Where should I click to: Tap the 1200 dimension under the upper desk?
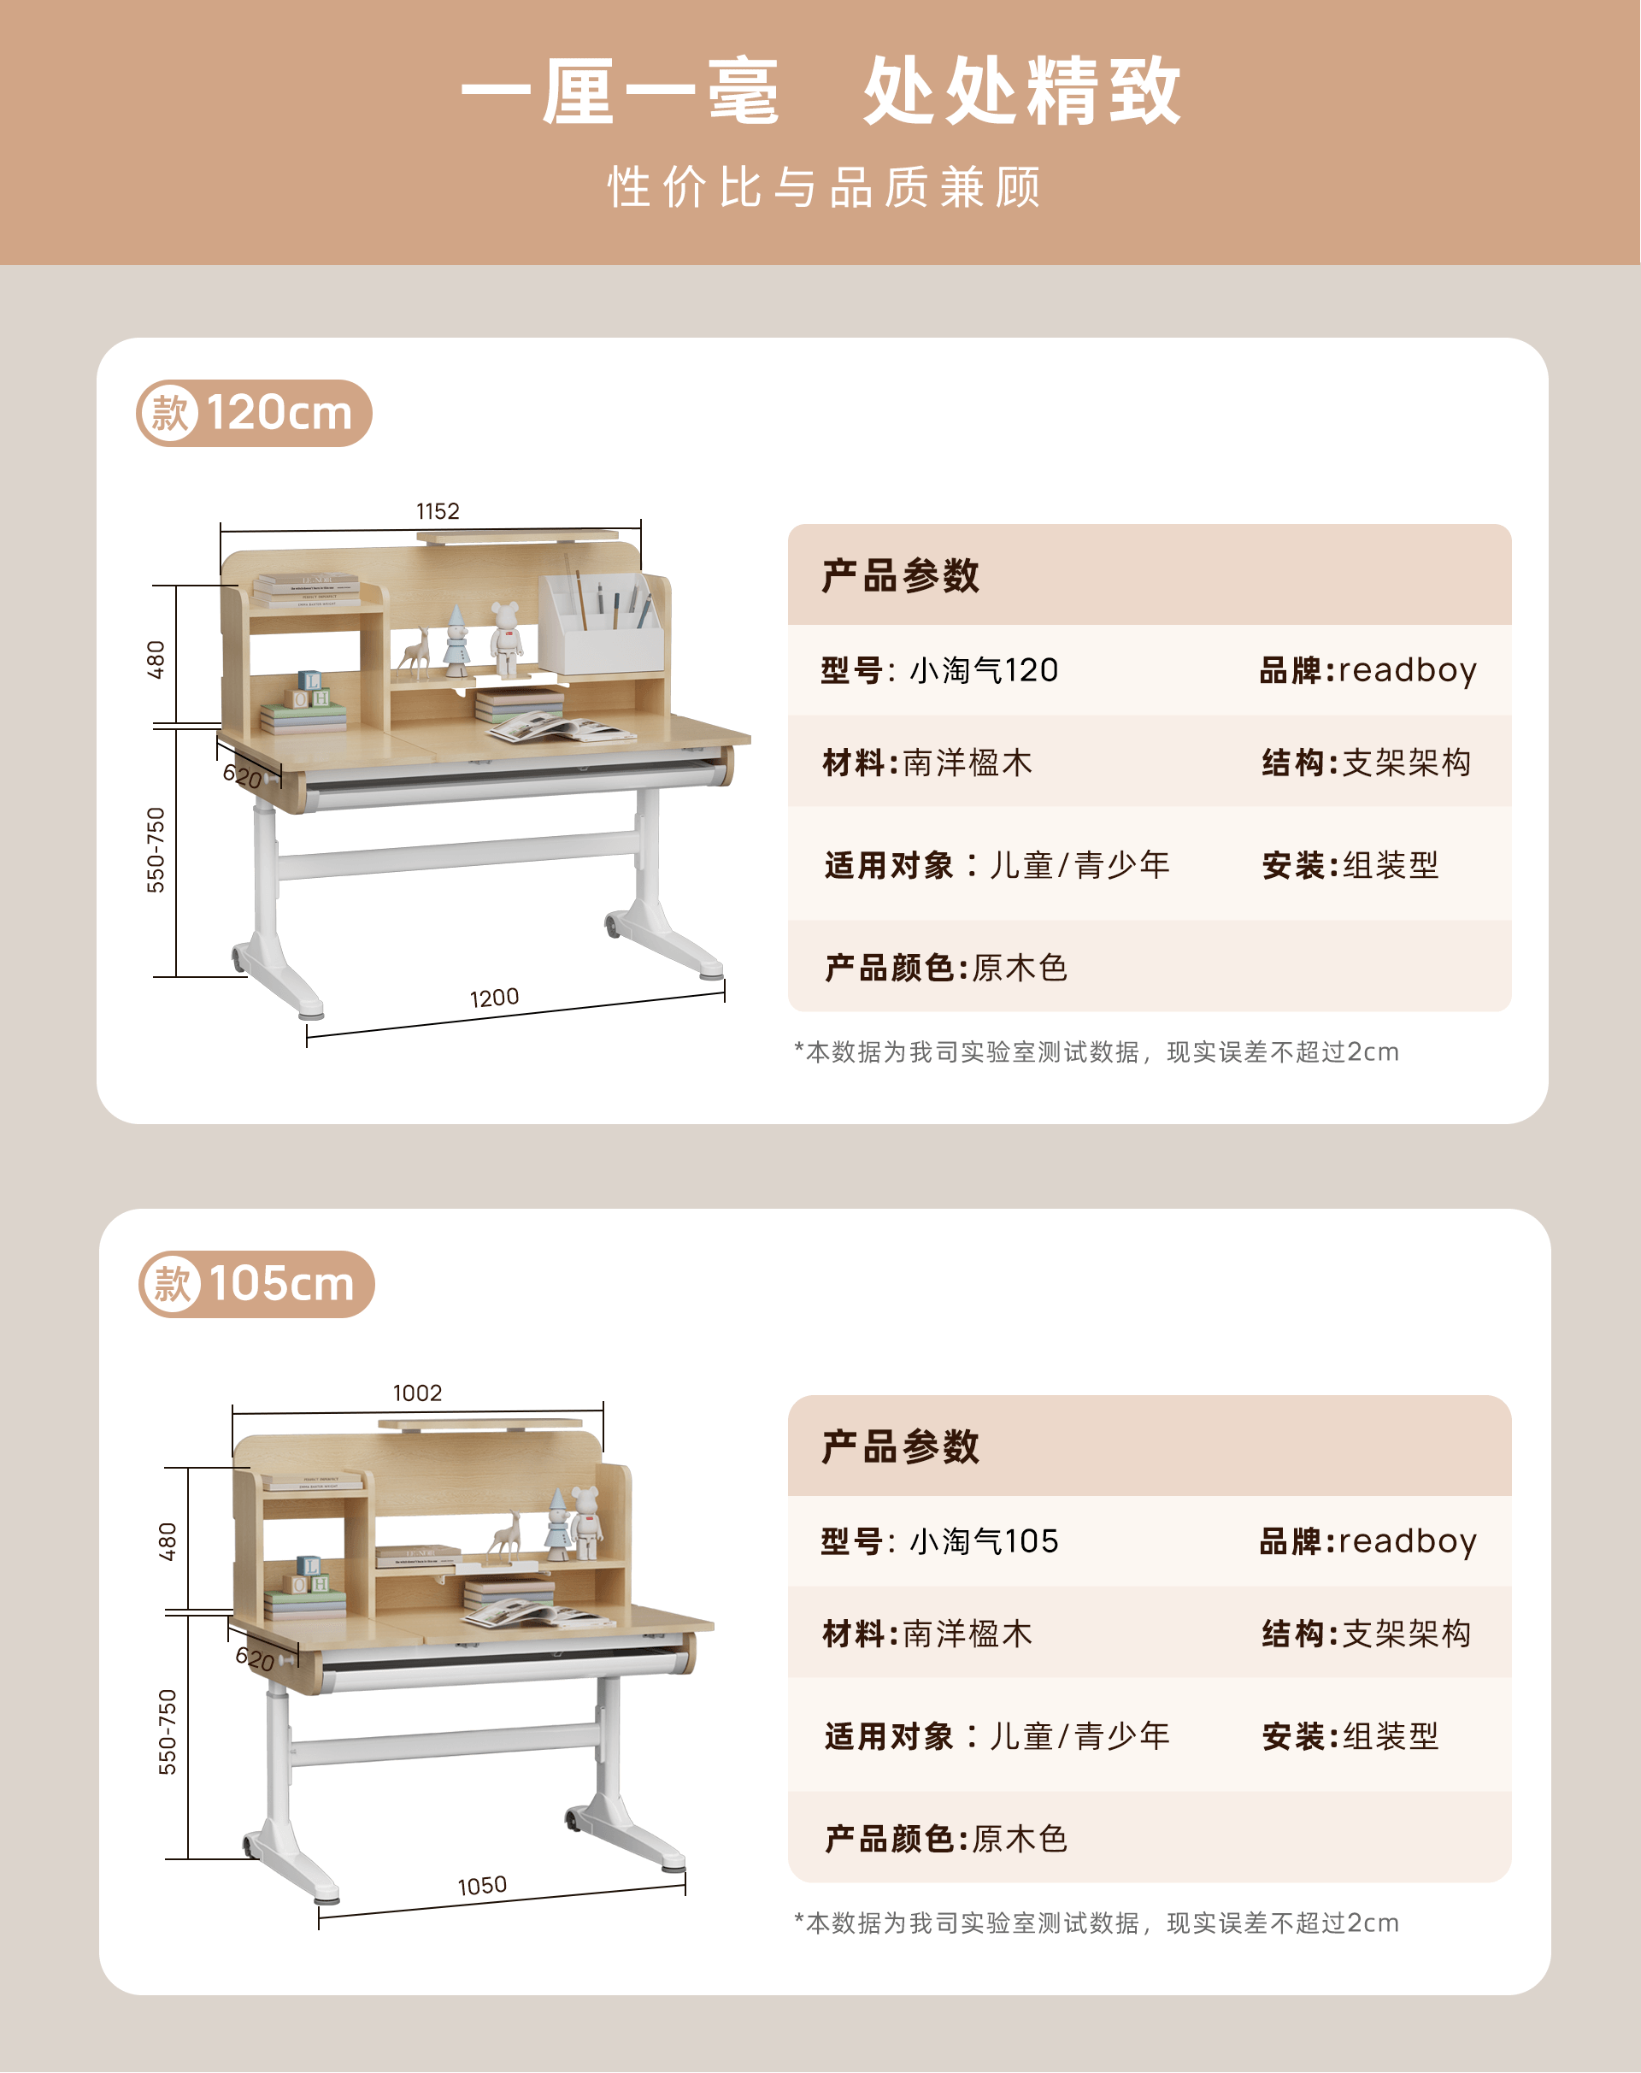coord(494,998)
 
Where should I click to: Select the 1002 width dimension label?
coord(417,1393)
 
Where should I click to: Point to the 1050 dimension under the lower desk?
coord(481,1886)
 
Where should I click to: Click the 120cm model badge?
coord(254,413)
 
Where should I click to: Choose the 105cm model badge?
coord(256,1284)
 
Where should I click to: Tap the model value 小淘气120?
coord(984,670)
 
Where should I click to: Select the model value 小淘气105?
coord(984,1540)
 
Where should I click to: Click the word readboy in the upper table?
coord(1408,671)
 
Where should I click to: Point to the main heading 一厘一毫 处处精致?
coord(821,91)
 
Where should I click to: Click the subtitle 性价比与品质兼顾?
coord(824,186)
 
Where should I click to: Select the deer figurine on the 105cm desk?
coord(504,1534)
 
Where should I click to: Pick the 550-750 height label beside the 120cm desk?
coord(156,851)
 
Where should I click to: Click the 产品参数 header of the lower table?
coord(900,1446)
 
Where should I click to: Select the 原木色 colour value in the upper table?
coord(1020,968)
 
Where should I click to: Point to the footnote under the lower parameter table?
coord(1097,1923)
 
